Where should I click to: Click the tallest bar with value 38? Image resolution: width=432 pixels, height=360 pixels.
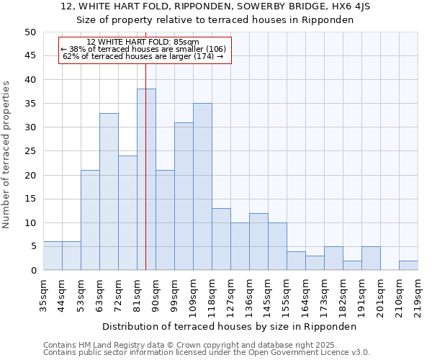146,179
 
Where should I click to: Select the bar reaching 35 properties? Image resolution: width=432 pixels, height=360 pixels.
202,186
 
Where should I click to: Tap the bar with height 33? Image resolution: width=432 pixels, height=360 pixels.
109,192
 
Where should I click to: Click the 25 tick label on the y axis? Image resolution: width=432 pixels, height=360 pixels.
30,151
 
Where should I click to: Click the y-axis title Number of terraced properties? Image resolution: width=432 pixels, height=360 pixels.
6,155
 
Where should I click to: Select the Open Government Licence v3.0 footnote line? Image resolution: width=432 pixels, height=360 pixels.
207,353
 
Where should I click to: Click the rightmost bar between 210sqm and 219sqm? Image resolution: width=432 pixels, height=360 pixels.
408,266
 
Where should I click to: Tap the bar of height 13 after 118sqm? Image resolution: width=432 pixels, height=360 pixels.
221,239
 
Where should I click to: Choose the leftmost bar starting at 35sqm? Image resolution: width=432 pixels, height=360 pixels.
53,256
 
